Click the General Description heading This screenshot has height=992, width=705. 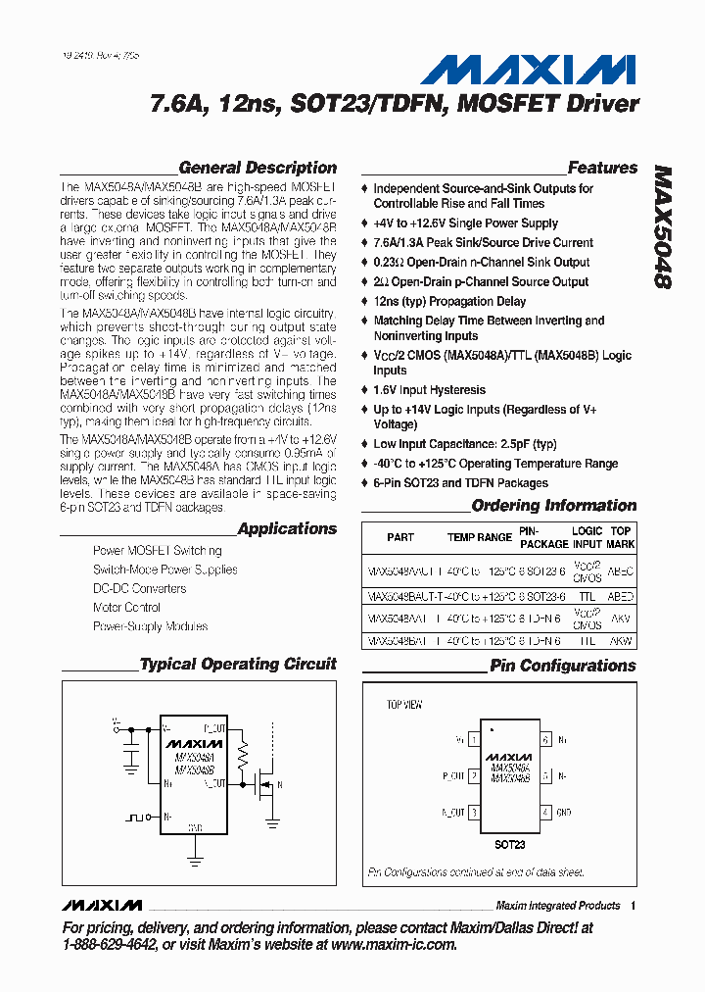click(258, 168)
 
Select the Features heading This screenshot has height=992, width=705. click(602, 168)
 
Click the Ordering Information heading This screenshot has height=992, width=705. click(553, 506)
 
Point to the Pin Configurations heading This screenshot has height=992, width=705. click(563, 666)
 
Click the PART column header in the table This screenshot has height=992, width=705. click(399, 537)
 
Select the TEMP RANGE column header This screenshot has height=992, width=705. click(480, 537)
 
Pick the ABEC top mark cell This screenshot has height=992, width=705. click(620, 570)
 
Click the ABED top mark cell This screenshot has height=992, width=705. click(620, 596)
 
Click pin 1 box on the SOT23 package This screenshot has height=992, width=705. click(474, 740)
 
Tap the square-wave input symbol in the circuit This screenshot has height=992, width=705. click(134, 816)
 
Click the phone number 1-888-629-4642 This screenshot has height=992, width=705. click(107, 945)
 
